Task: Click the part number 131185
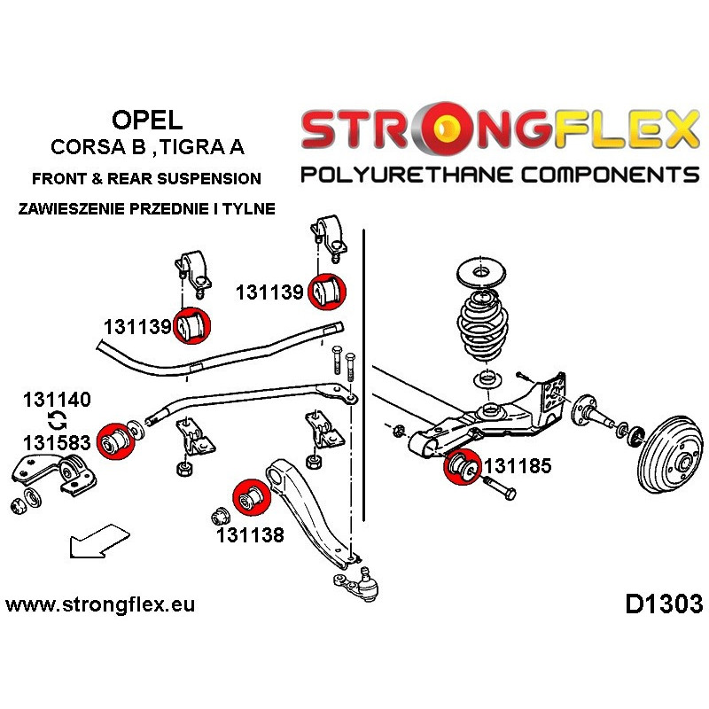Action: point(517,464)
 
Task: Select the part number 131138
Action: point(250,534)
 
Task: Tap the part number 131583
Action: point(57,441)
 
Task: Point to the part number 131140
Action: point(57,400)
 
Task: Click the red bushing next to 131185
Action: point(461,467)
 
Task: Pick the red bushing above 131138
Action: point(249,497)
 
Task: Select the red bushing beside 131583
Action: point(114,442)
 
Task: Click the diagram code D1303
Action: point(663,604)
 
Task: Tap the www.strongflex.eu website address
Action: point(100,605)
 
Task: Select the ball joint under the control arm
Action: point(354,584)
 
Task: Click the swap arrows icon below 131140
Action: point(56,420)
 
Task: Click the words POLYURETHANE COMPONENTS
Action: point(500,175)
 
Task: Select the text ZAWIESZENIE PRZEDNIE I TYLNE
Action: point(146,209)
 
